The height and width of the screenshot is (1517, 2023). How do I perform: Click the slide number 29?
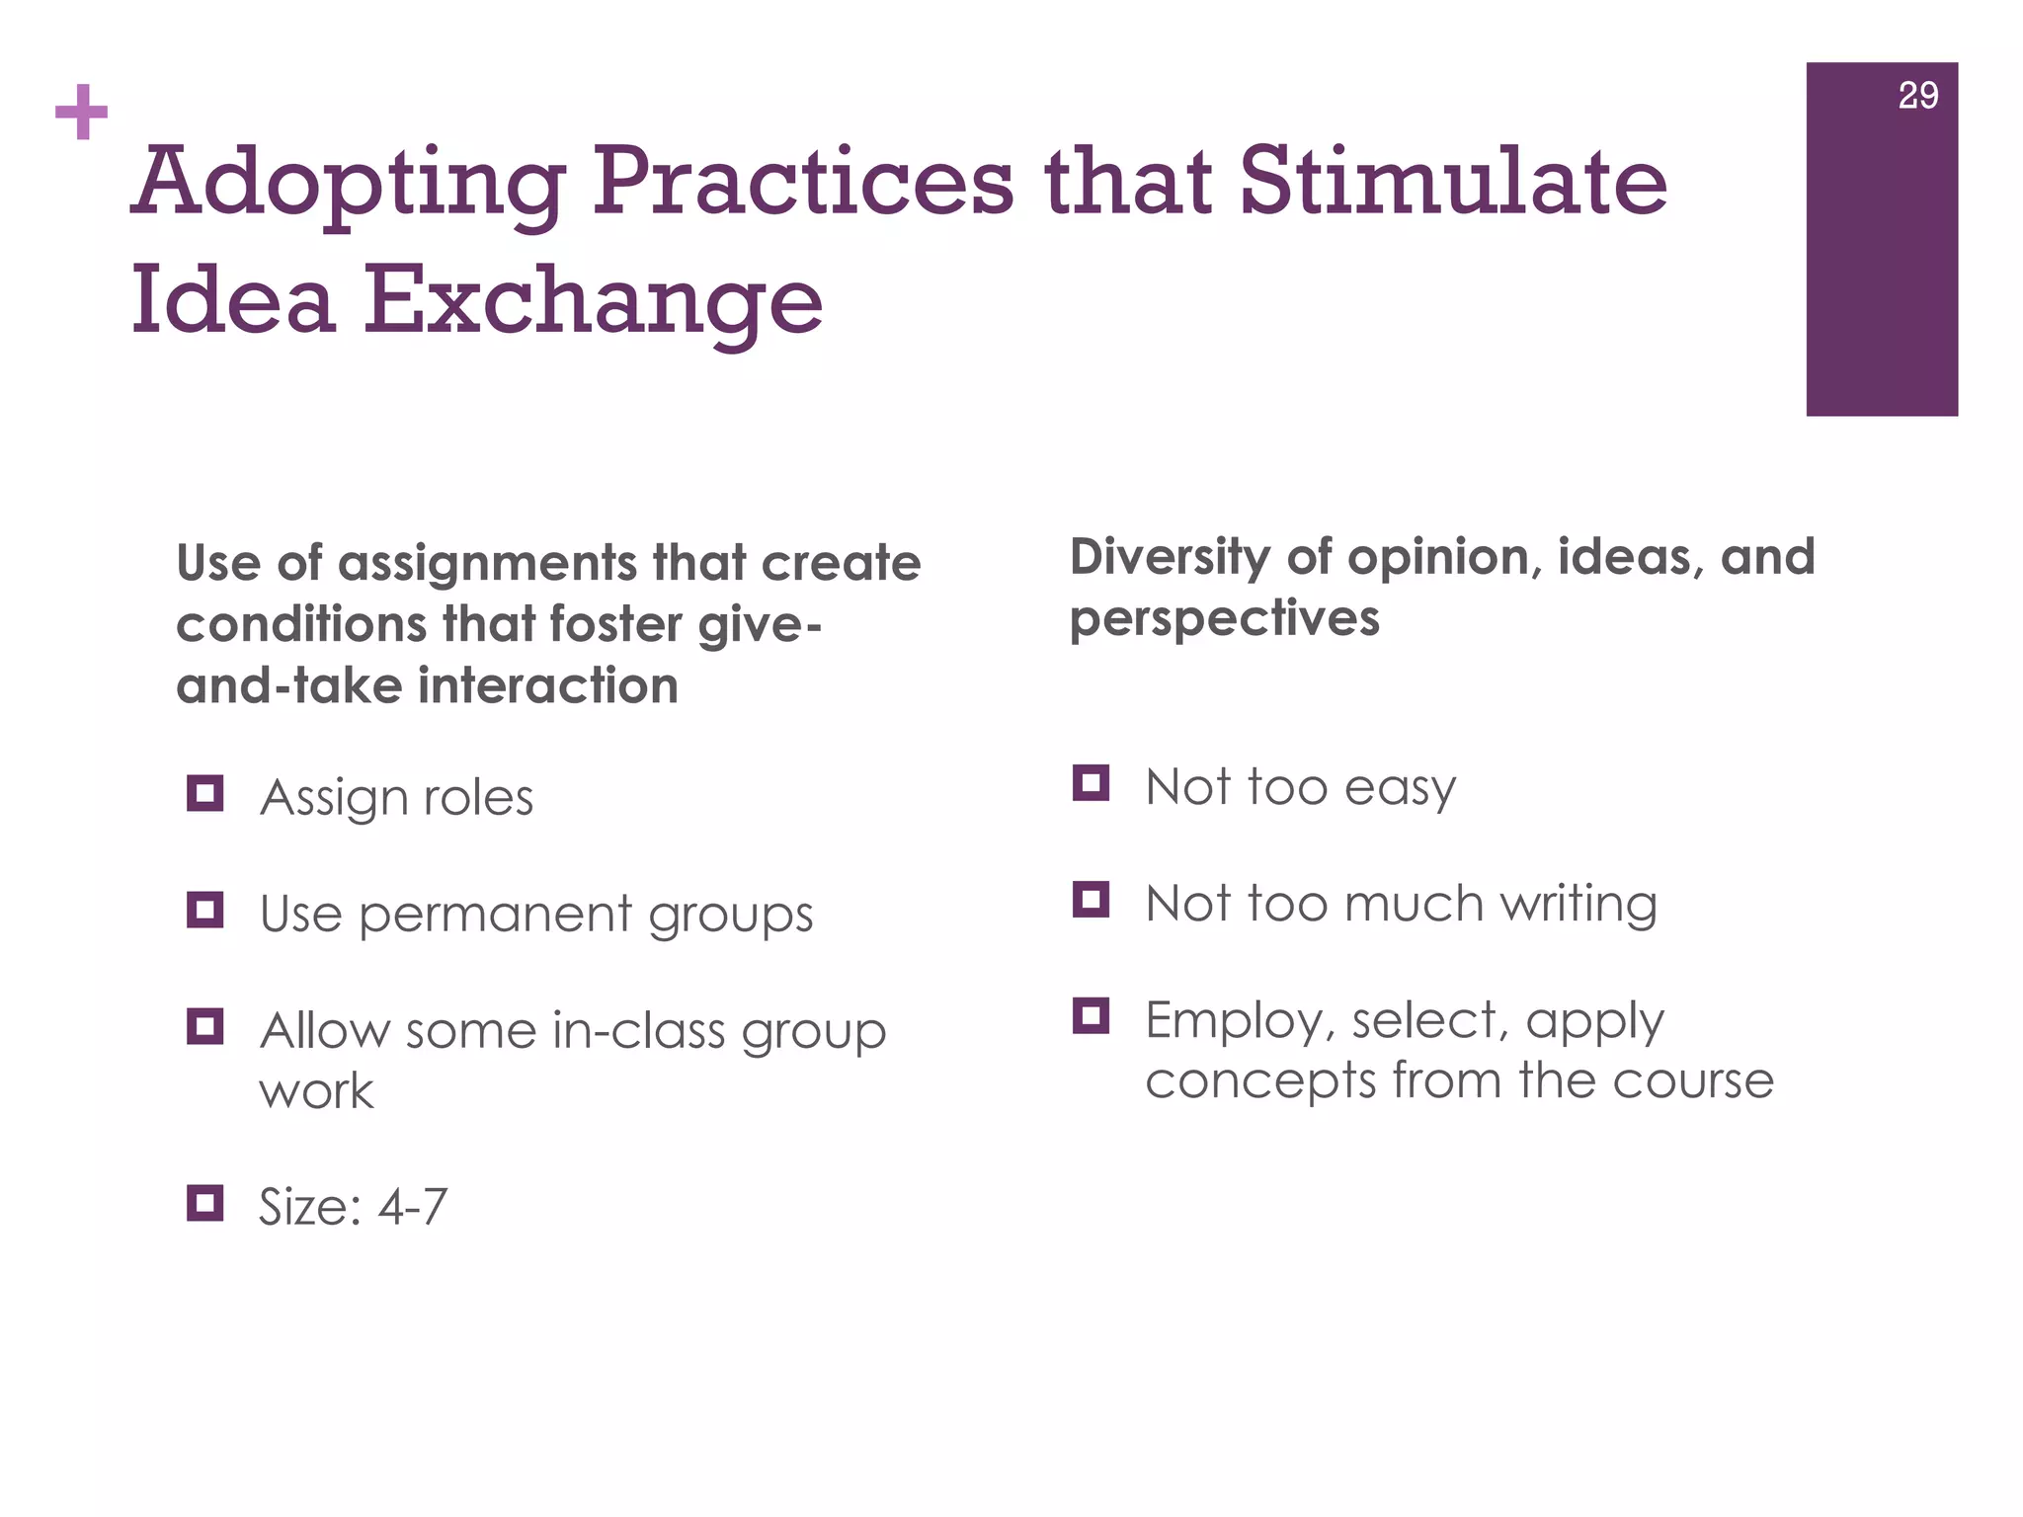[x=1917, y=96]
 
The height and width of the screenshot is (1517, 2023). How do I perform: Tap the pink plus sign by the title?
[x=81, y=112]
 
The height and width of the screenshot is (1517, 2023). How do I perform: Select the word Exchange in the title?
[x=593, y=300]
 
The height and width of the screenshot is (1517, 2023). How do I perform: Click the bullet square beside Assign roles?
[x=204, y=793]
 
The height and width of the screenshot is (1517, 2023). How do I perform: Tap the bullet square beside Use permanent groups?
[x=204, y=910]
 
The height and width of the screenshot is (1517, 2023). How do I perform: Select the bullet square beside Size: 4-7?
[x=204, y=1203]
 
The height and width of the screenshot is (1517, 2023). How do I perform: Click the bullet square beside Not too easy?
[x=1091, y=783]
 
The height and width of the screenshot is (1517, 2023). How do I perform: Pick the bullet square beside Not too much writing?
[x=1091, y=900]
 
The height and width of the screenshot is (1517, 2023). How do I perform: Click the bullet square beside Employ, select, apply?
[x=1091, y=1015]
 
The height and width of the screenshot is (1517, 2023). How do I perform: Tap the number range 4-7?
[x=413, y=1207]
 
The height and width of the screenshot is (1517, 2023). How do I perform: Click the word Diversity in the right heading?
[x=1170, y=559]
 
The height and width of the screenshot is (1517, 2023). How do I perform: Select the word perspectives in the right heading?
[x=1224, y=620]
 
